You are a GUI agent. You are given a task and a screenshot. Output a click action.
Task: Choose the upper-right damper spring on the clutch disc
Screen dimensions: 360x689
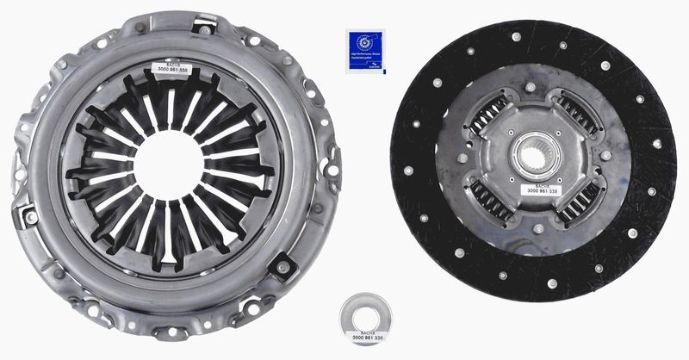tap(578, 114)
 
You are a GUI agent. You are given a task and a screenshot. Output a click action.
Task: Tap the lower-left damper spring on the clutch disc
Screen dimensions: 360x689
tap(491, 202)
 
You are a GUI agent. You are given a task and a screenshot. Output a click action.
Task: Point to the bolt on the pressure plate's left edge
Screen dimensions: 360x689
tap(31, 217)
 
